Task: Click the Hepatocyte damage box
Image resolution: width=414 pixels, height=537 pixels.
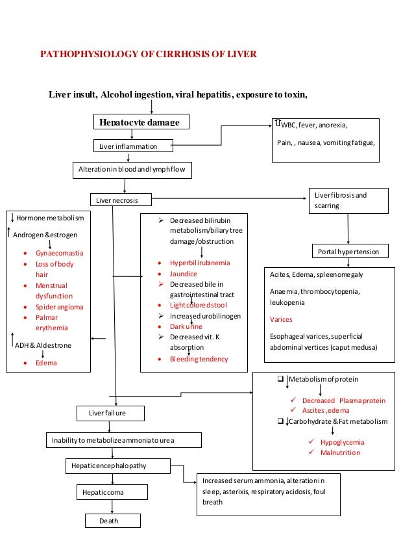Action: click(x=140, y=122)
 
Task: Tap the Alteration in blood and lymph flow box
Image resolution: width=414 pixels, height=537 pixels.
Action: click(x=132, y=170)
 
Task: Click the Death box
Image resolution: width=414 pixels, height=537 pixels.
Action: click(x=112, y=521)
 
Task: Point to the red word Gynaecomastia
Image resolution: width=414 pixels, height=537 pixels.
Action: click(x=64, y=253)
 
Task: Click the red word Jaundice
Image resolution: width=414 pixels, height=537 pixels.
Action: click(x=184, y=274)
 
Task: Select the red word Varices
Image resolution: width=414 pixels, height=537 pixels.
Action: click(x=282, y=319)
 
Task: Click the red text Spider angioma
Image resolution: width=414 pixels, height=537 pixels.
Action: click(x=64, y=306)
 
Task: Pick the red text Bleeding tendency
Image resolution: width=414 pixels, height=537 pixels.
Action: click(x=199, y=359)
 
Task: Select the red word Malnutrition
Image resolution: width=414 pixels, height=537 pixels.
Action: click(x=341, y=452)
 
